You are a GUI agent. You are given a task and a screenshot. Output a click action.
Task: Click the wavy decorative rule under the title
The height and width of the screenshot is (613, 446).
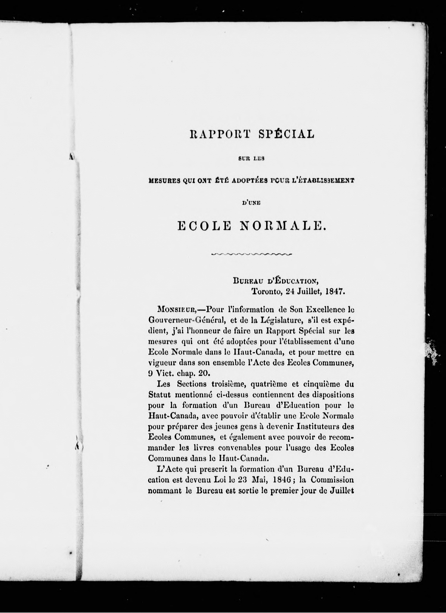(x=251, y=254)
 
